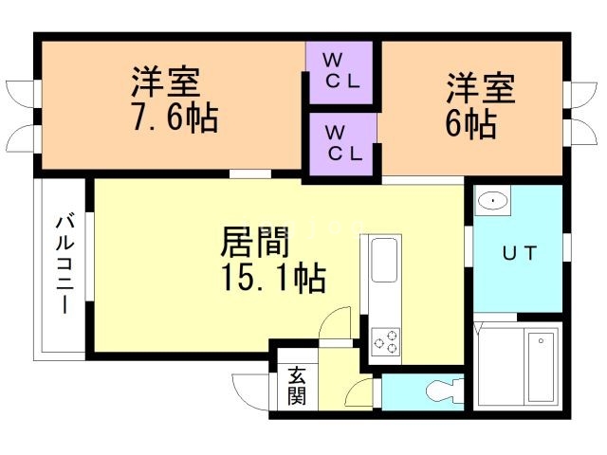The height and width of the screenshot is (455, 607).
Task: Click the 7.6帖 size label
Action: [x=175, y=119]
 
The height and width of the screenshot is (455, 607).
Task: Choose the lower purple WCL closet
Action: [x=342, y=144]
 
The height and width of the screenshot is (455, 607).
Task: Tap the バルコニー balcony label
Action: [x=64, y=264]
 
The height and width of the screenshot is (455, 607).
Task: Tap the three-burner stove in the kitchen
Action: [x=384, y=341]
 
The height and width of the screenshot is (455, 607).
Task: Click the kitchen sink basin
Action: [x=384, y=261]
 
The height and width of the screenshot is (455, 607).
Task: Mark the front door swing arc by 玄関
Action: [x=248, y=389]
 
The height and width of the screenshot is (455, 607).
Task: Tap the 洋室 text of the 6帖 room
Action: [x=481, y=89]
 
